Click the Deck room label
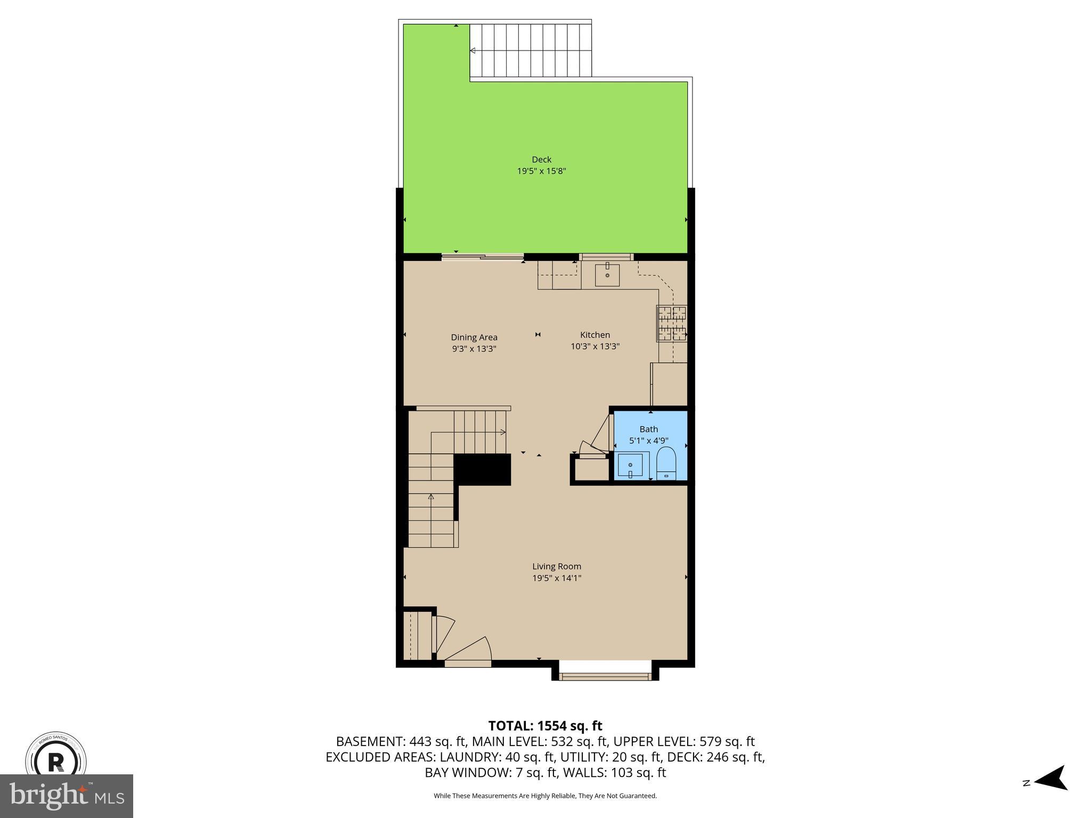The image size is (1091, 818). pos(541,159)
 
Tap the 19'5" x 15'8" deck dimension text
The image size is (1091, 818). pos(541,171)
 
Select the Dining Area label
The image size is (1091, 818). pos(474,337)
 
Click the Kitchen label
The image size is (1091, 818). pos(595,335)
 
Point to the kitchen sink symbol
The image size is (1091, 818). pos(607,275)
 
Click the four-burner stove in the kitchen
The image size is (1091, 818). pos(672,323)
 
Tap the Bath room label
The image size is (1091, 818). pos(648,429)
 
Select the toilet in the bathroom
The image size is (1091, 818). pos(666,464)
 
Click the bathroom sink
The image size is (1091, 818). pos(632,465)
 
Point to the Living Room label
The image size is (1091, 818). pos(557,567)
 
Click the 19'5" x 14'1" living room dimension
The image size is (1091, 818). pos(557,578)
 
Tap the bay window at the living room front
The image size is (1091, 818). pos(605,676)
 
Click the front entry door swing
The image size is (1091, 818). pos(469,650)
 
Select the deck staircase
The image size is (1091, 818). pos(531,51)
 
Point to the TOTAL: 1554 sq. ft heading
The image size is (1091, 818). pos(545,726)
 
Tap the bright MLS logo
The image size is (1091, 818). pos(67,796)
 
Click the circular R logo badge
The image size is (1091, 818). pos(56,760)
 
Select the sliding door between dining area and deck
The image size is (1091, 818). pos(482,257)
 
